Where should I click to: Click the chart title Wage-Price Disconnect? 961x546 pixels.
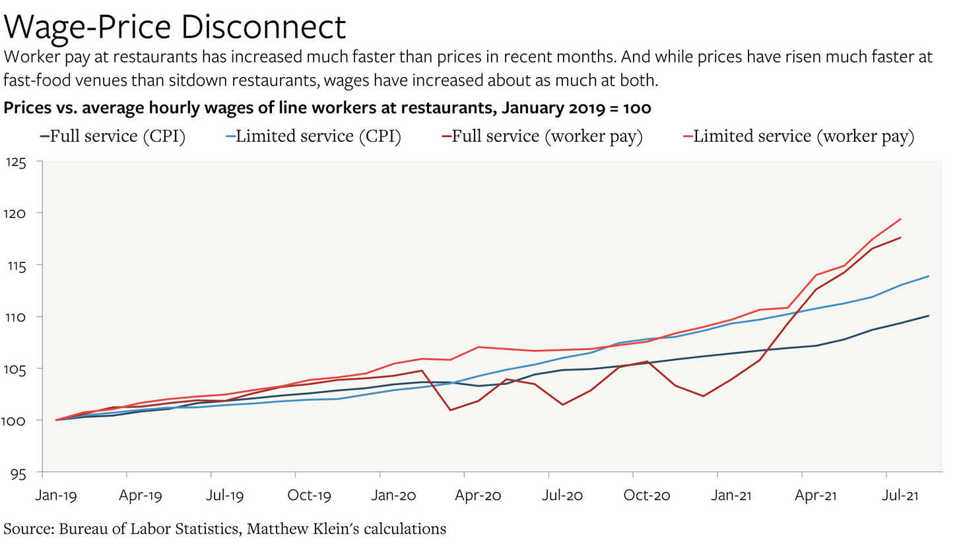coord(175,27)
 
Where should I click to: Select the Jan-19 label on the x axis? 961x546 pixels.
coord(56,495)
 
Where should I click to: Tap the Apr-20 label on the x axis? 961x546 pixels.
coord(478,495)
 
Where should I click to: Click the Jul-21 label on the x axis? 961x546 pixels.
coord(900,495)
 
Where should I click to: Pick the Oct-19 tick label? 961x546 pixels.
coord(310,495)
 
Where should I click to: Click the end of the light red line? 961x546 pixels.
coord(901,220)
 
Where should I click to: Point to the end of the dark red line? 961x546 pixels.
coord(901,237)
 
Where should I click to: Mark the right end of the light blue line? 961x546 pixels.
coord(929,276)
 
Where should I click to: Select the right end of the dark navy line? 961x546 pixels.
coord(929,316)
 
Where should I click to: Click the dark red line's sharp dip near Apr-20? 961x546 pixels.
coord(450,410)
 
